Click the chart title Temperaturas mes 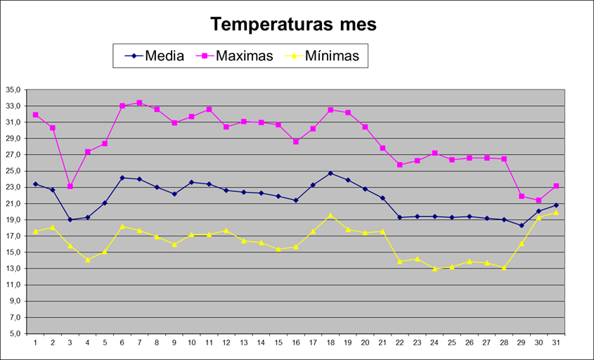pos(294,25)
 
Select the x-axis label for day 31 pos(556,343)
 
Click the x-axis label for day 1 pos(35,343)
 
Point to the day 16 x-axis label pos(295,343)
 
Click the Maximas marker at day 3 pos(70,186)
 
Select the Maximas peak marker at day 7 pos(139,103)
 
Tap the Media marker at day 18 pos(330,173)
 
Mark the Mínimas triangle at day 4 pos(87,259)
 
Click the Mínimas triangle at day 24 pos(434,269)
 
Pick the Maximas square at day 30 pos(538,200)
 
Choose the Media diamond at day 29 pos(522,226)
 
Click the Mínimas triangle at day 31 pos(556,212)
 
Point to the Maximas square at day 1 pos(35,115)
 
